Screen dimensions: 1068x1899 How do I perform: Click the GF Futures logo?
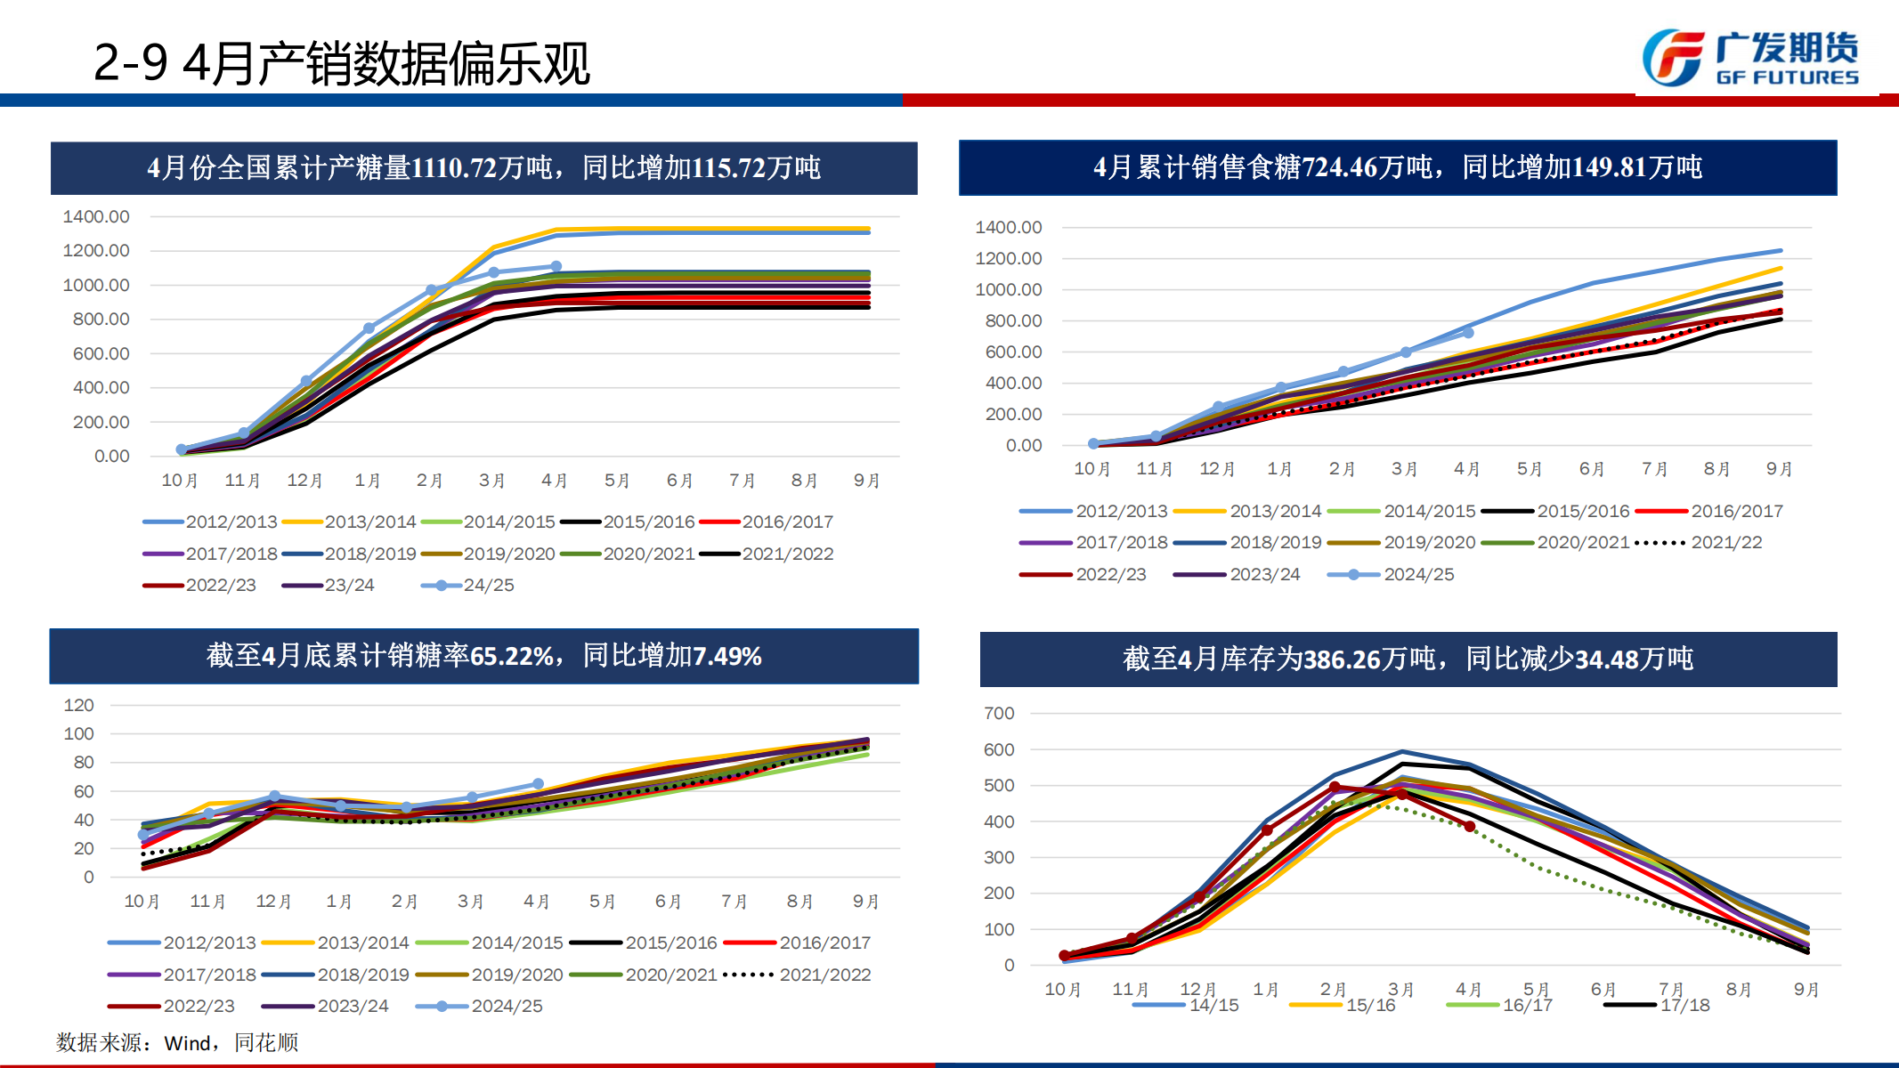(1750, 58)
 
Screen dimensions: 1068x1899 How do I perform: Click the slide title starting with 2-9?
(341, 63)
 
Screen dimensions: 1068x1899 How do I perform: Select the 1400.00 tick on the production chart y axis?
(96, 216)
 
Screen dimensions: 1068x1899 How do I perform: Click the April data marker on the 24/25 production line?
(556, 266)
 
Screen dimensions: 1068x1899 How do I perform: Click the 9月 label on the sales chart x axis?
(1779, 469)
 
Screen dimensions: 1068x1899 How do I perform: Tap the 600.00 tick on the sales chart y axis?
(1013, 352)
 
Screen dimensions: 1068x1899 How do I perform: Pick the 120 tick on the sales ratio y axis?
(79, 705)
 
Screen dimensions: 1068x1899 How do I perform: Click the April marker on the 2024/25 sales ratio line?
(538, 784)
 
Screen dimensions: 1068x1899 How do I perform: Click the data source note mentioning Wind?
(177, 1042)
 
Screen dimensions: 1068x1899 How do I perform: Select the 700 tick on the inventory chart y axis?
(999, 713)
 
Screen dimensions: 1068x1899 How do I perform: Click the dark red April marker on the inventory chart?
(1470, 827)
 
